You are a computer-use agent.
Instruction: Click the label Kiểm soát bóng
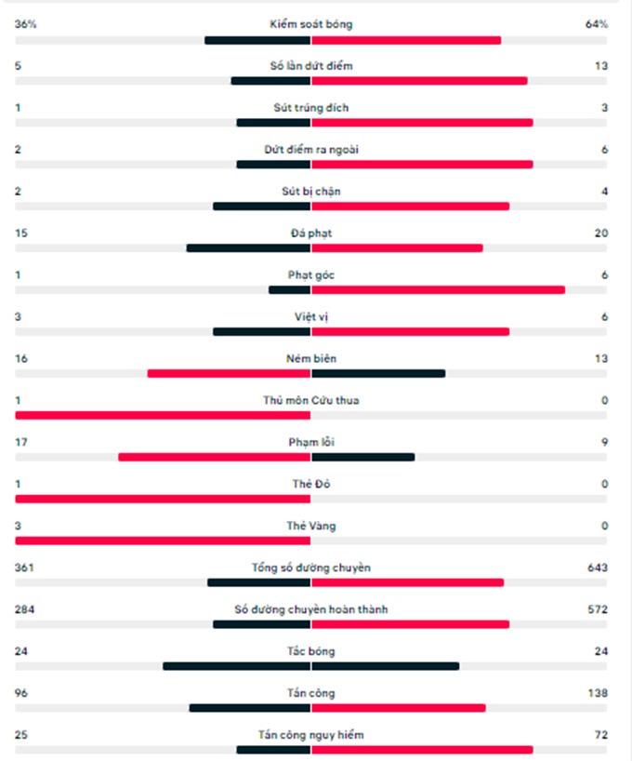[311, 24]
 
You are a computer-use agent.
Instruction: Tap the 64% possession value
[596, 24]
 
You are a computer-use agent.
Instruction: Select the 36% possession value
[25, 24]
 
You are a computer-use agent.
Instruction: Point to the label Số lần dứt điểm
[311, 66]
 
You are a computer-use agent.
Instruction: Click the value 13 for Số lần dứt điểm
[601, 66]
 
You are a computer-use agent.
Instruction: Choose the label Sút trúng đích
[311, 108]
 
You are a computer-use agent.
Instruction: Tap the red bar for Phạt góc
[438, 290]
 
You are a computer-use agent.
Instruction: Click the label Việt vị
[311, 317]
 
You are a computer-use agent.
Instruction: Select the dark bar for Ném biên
[378, 374]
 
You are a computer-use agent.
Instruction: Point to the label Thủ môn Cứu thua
[311, 401]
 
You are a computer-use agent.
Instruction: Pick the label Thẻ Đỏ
[311, 485]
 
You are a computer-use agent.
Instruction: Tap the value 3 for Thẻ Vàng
[18, 527]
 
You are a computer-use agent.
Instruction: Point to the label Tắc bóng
[311, 652]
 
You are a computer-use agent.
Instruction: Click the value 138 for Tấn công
[598, 694]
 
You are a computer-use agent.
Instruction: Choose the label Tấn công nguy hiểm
[311, 736]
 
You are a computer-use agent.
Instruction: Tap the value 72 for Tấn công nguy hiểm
[601, 736]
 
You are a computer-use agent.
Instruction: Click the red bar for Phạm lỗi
[214, 458]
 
